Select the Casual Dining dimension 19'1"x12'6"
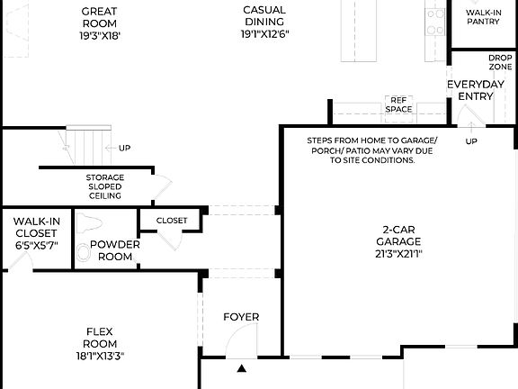point(264,34)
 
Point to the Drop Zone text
point(500,62)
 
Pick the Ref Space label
point(398,104)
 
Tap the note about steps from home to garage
point(372,150)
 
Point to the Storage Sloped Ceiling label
point(104,187)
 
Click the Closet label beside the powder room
point(171,221)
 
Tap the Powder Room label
point(114,250)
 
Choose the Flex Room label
point(100,337)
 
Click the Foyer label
point(241,317)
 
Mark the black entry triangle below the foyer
point(241,368)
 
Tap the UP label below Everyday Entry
point(471,141)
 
